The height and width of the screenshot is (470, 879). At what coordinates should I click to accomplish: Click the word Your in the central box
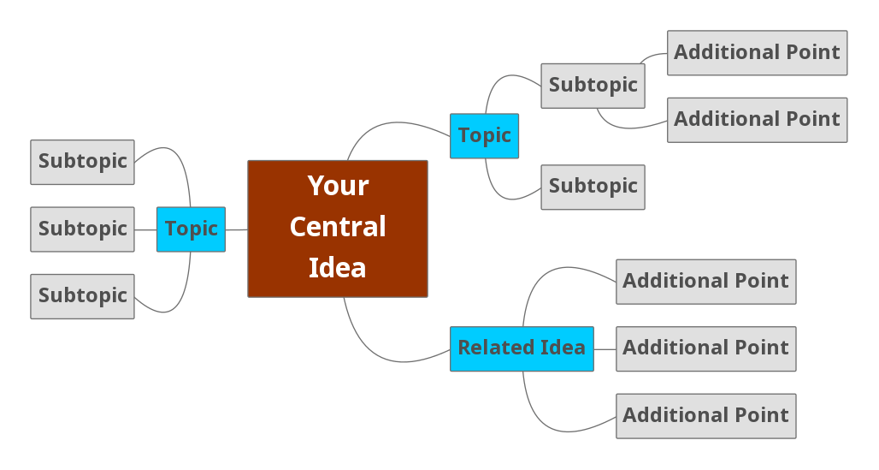[x=338, y=186]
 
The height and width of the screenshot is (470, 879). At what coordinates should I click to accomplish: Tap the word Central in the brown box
[x=338, y=227]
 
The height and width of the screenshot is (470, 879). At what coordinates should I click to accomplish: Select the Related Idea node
[x=522, y=348]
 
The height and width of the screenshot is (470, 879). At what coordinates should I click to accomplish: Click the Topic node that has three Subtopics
[x=191, y=229]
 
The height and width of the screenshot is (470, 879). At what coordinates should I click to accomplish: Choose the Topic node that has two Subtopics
[x=484, y=136]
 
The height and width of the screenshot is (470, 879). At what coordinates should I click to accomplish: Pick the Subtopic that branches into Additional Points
[x=593, y=86]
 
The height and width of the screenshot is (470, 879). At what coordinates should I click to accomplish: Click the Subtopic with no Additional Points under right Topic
[x=593, y=187]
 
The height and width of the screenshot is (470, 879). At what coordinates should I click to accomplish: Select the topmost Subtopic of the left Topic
[x=82, y=162]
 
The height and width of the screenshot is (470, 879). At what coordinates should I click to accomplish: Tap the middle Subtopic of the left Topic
[x=82, y=229]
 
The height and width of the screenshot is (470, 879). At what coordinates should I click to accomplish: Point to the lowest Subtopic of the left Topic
[x=82, y=296]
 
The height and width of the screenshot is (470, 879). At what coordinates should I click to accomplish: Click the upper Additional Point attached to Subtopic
[x=757, y=53]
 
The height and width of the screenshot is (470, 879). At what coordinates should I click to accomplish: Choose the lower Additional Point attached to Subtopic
[x=757, y=120]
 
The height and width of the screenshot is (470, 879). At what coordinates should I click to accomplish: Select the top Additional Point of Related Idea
[x=705, y=282]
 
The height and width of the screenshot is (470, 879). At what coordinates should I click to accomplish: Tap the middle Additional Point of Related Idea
[x=705, y=348]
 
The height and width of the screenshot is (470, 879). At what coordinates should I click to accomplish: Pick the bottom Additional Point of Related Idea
[x=705, y=416]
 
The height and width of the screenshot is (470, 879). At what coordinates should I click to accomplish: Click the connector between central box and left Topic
[x=237, y=229]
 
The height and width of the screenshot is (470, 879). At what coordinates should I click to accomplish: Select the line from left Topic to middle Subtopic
[x=145, y=229]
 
